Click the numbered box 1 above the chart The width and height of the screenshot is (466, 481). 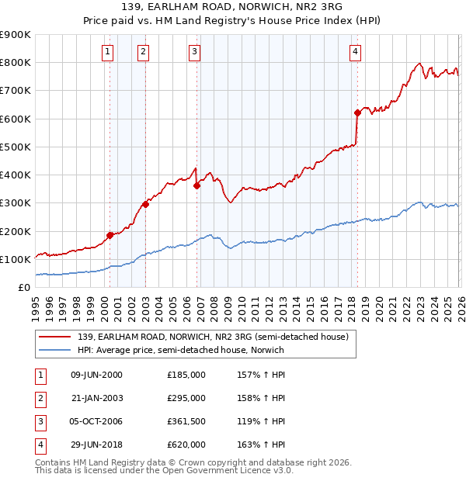click(107, 52)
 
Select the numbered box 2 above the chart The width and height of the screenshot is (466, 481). click(144, 52)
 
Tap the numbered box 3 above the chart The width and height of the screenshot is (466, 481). click(194, 52)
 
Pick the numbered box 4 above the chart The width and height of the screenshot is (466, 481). click(355, 52)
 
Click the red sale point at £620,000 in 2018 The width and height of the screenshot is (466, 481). click(357, 113)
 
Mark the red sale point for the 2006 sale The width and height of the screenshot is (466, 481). click(197, 185)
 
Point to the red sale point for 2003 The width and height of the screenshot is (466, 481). click(145, 205)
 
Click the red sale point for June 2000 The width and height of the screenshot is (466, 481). click(110, 235)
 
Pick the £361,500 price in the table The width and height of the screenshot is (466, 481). click(186, 421)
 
